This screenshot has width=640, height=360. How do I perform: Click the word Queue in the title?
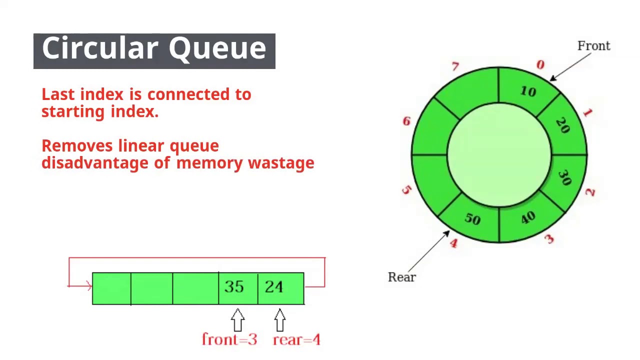tap(217, 49)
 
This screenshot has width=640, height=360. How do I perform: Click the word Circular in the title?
tap(99, 48)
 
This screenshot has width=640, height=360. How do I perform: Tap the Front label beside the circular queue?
tap(593, 46)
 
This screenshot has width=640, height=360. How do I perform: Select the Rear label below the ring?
tap(401, 277)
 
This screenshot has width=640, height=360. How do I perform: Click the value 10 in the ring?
tap(528, 91)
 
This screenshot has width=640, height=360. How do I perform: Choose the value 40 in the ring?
tap(528, 217)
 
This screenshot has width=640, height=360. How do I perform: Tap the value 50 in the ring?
tap(472, 219)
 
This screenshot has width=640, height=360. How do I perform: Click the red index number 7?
tap(455, 66)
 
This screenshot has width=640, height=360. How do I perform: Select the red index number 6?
tap(406, 121)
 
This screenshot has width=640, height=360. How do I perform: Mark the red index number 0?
tap(540, 65)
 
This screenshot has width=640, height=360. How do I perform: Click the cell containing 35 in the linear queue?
tap(238, 288)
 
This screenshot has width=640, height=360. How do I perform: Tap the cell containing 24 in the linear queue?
tap(280, 288)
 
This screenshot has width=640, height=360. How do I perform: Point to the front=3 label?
tap(229, 339)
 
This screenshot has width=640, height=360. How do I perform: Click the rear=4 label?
tap(296, 340)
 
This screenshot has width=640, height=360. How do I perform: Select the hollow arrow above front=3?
tap(238, 319)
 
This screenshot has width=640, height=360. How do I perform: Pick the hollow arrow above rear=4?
tap(280, 319)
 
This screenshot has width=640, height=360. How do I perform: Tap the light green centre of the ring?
tap(499, 155)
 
